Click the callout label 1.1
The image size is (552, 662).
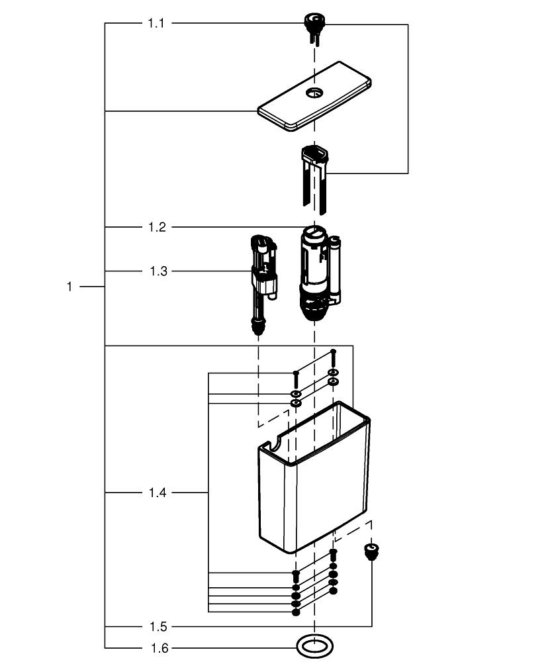click(156, 23)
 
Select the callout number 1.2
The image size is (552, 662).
click(157, 227)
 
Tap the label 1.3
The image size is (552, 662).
click(158, 271)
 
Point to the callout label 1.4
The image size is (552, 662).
click(158, 493)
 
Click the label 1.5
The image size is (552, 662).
click(158, 626)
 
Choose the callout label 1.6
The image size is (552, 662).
click(159, 648)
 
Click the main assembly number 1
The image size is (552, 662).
click(69, 287)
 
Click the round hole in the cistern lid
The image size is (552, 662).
click(314, 92)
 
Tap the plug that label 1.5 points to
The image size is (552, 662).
click(371, 551)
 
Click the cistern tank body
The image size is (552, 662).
click(314, 477)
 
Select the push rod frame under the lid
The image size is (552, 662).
click(315, 177)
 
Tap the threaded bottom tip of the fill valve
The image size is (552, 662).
click(258, 328)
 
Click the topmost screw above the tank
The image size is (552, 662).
click(333, 357)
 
